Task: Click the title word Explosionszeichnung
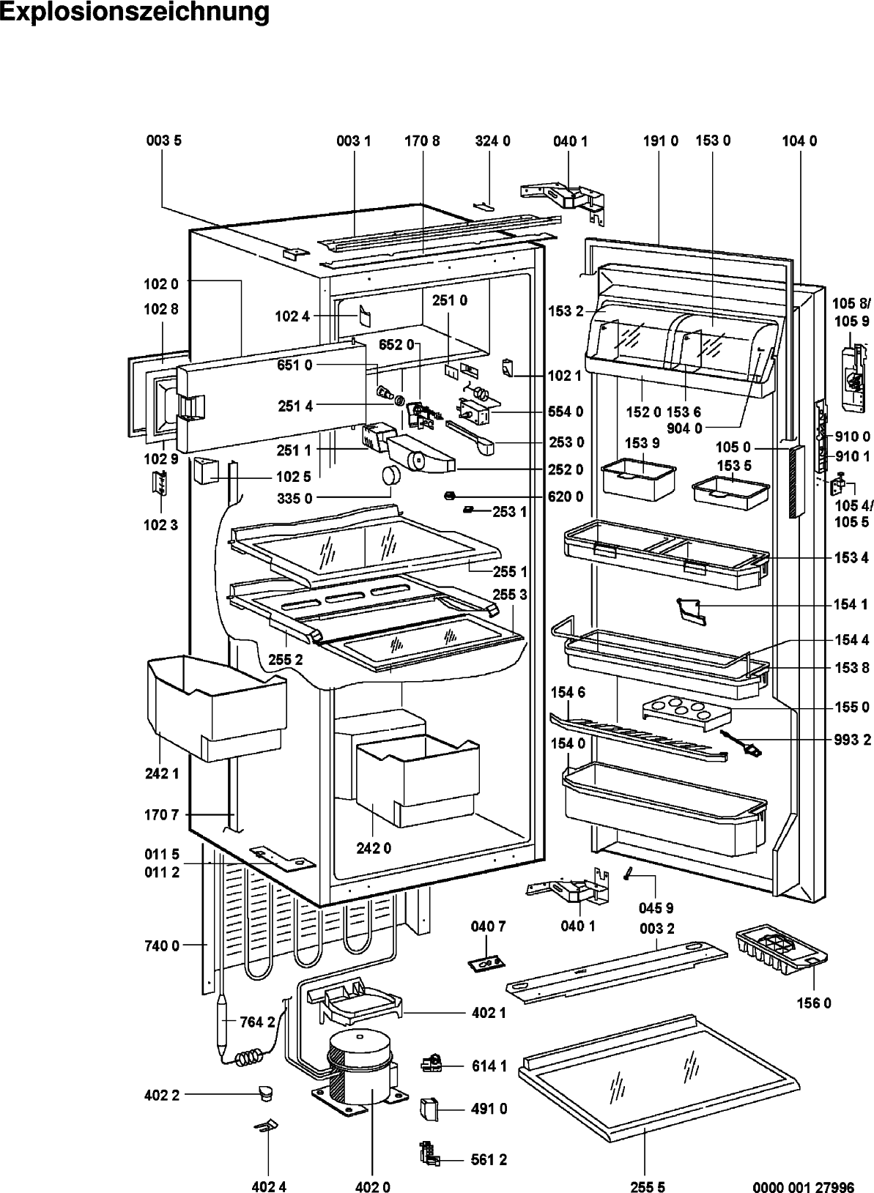135,12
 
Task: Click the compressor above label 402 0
358,1070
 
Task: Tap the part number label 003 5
164,141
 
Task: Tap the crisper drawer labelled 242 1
216,708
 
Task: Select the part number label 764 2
257,1022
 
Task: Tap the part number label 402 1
489,1012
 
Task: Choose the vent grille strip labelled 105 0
796,482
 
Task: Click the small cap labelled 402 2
264,1093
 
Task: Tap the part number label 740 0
162,945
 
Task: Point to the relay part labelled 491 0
429,1109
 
